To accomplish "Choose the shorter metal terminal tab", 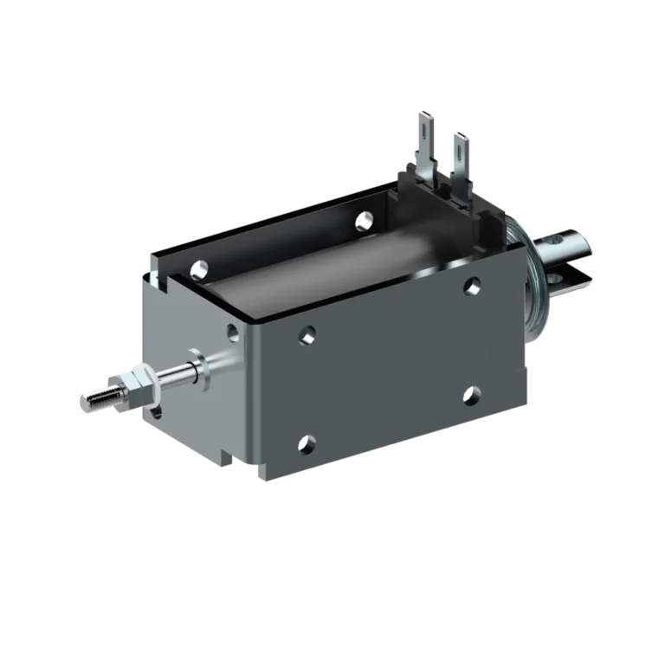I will [460, 155].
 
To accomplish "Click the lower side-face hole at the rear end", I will [470, 397].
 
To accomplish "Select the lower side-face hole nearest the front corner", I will [307, 446].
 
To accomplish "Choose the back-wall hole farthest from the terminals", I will [200, 269].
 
